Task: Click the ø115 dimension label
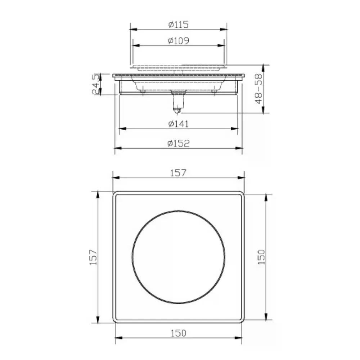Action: (179, 24)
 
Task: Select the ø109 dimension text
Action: (179, 40)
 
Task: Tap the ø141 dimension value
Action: (179, 124)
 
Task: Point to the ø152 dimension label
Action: (179, 143)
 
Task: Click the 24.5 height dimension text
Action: (96, 84)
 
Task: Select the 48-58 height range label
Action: (259, 89)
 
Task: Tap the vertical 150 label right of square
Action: (261, 257)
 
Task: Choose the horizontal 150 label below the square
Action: (179, 333)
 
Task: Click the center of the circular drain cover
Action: (179, 257)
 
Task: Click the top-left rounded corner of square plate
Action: (115, 194)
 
